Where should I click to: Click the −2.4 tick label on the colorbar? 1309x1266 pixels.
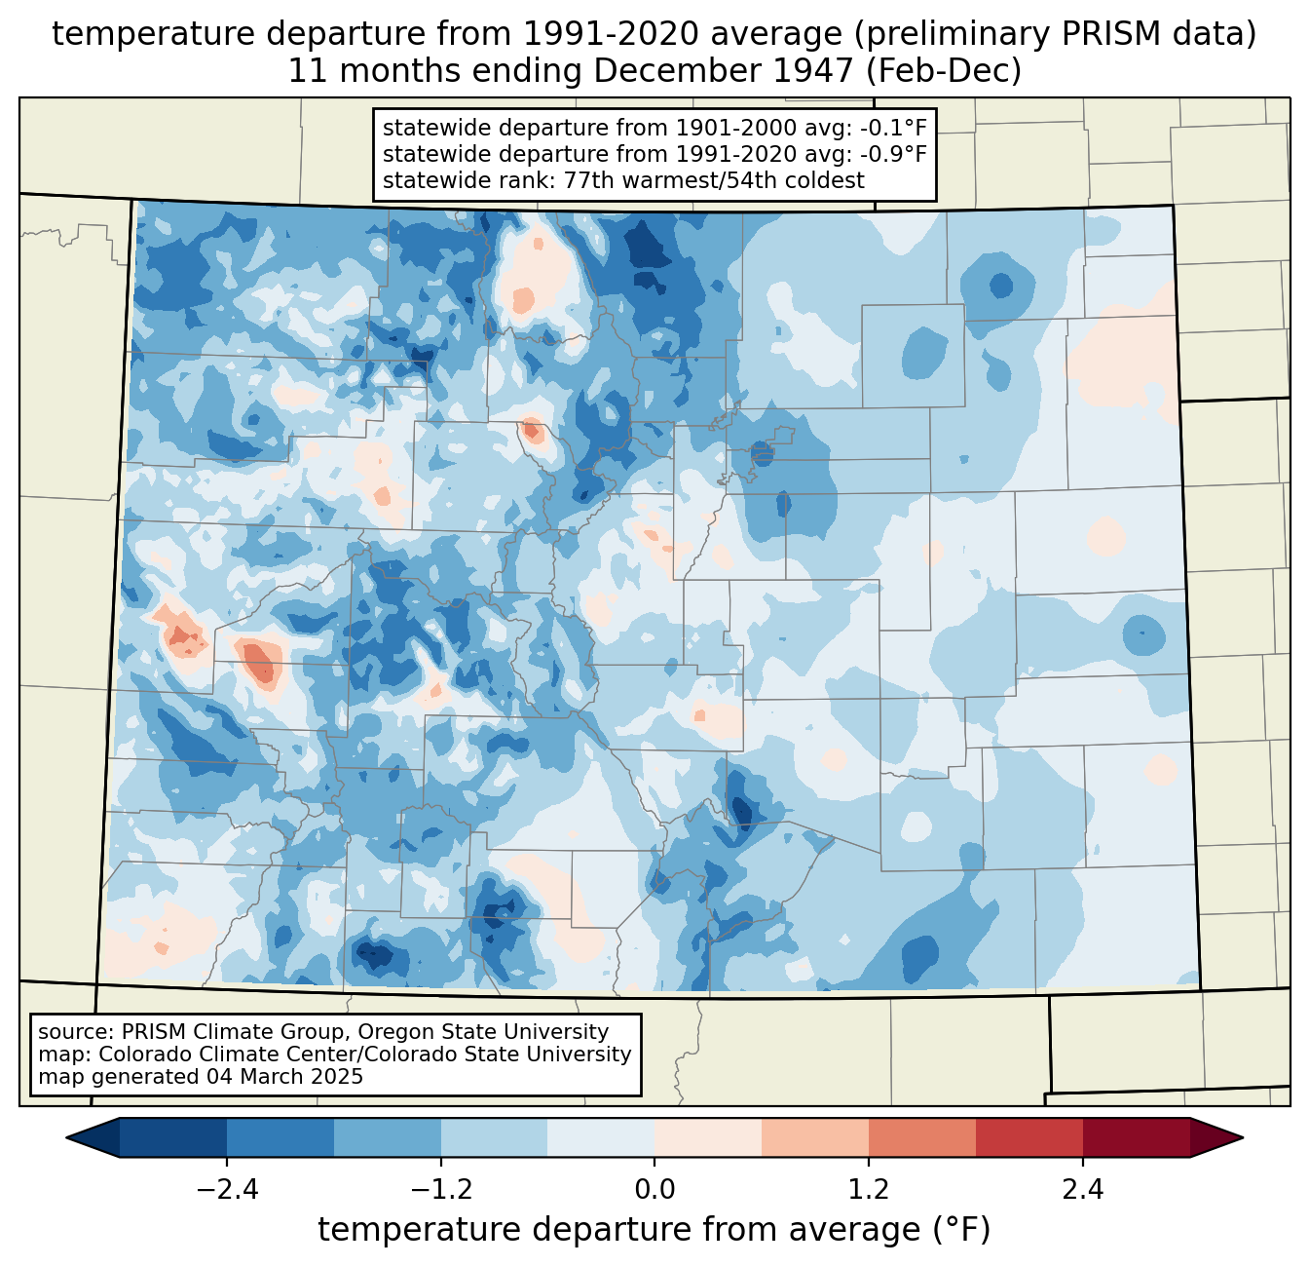(x=227, y=1190)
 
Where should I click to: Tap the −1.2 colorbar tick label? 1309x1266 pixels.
(x=441, y=1190)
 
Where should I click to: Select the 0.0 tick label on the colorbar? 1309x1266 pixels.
(x=654, y=1190)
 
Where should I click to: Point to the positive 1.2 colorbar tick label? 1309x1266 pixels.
(x=869, y=1190)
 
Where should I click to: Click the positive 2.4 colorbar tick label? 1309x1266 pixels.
(x=1083, y=1190)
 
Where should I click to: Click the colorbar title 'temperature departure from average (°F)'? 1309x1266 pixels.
(x=654, y=1230)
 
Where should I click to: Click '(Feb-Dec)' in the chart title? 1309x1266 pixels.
(x=943, y=71)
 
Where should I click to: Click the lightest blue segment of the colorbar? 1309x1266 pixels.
(x=601, y=1138)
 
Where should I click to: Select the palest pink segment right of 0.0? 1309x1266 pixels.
(x=708, y=1138)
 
